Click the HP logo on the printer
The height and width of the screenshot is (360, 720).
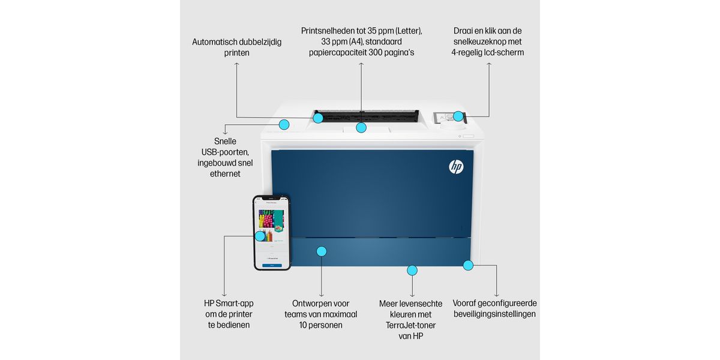pos(456,167)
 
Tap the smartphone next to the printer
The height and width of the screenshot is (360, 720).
pos(272,233)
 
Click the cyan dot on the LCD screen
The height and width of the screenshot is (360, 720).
pos(458,116)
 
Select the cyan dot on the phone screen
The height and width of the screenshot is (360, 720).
pos(260,236)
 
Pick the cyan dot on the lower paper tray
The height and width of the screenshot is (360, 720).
pos(322,251)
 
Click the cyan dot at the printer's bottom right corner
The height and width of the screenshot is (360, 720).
pos(467,264)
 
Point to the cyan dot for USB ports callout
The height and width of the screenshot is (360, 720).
pos(284,125)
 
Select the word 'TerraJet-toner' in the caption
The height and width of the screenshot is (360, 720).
pos(412,325)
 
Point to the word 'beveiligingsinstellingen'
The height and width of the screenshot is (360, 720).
pos(494,314)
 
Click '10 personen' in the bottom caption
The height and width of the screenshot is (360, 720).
pos(321,325)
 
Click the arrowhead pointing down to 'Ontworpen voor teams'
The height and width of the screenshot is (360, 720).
pos(322,295)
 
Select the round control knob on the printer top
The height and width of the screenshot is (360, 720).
pos(454,126)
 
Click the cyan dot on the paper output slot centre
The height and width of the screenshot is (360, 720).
pos(361,127)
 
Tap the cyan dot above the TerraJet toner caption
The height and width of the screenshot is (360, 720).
pos(412,270)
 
